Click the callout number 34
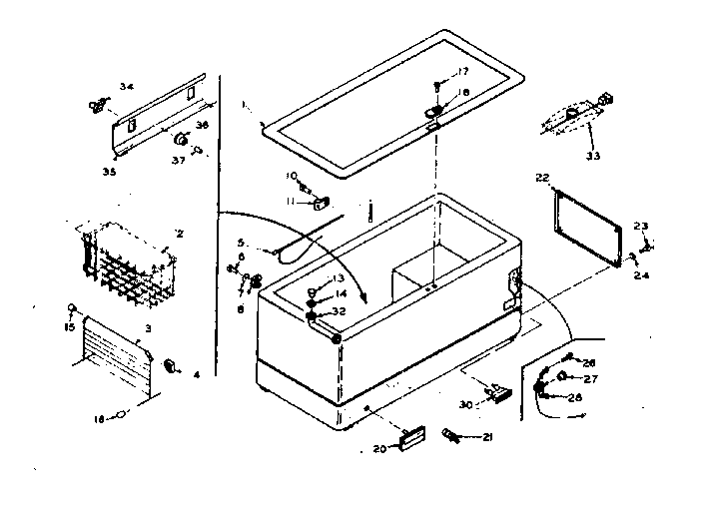pos(126,87)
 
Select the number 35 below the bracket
pos(108,172)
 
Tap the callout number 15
pos(70,327)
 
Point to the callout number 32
pos(339,311)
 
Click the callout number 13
pos(339,277)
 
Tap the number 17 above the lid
pos(462,71)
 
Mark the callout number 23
pos(641,226)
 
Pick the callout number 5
pos(241,242)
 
